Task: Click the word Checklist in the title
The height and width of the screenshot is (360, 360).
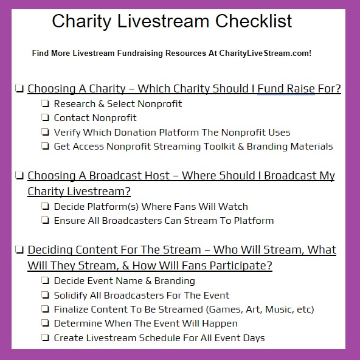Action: point(254,21)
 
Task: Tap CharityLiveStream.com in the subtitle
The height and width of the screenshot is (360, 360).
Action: point(265,54)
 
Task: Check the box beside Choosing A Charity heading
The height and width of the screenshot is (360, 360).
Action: point(19,88)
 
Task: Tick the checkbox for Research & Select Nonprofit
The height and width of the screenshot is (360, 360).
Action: point(45,103)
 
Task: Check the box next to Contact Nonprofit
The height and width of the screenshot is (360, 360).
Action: point(45,117)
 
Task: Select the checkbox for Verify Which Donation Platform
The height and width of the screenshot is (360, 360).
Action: point(45,132)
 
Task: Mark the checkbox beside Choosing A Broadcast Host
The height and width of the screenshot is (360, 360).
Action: point(19,176)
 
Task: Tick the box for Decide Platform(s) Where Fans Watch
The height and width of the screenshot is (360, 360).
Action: point(45,206)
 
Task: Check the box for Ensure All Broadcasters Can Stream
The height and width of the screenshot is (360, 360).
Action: point(45,220)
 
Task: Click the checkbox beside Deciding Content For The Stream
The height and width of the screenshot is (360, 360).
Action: point(19,249)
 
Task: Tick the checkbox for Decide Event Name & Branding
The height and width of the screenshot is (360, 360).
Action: point(45,280)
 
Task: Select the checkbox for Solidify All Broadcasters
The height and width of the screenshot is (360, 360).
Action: point(45,295)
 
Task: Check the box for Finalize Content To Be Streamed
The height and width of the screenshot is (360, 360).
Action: point(45,309)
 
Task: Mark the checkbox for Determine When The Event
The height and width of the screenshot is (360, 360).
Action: point(45,323)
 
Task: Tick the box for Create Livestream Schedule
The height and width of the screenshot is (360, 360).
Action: point(45,337)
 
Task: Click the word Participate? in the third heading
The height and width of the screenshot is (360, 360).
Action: point(241,266)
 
